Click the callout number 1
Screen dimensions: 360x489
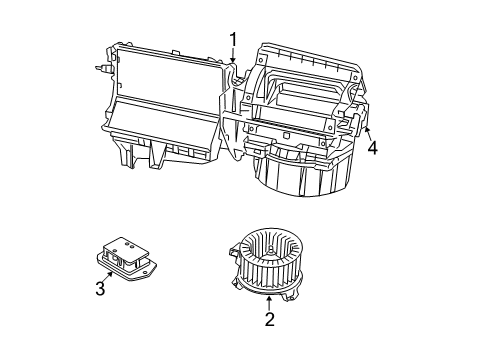click(x=234, y=39)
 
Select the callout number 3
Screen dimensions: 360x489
click(x=99, y=290)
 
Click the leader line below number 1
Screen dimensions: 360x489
click(x=234, y=58)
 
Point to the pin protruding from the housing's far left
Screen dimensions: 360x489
click(x=104, y=69)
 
